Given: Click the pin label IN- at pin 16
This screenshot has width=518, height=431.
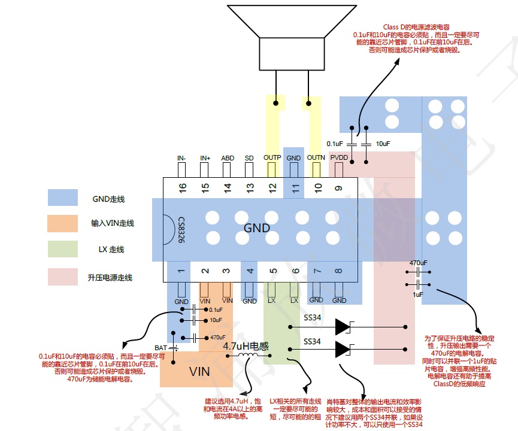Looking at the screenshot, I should tap(181, 158).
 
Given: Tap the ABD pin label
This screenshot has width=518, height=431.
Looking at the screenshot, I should tap(228, 158).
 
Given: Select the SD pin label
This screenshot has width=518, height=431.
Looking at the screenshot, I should tap(249, 158).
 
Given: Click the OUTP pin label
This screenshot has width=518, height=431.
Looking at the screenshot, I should tap(272, 158).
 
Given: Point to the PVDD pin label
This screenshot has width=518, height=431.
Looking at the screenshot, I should tap(339, 158).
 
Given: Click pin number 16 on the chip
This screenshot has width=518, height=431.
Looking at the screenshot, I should tap(183, 187).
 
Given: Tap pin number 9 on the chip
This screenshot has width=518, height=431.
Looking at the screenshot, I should tap(339, 187).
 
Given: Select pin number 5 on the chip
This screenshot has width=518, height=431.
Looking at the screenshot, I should tap(272, 271).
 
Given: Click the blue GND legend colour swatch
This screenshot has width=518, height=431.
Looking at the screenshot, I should tap(63, 198).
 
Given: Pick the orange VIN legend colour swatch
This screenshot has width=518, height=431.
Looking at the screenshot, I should tap(63, 223).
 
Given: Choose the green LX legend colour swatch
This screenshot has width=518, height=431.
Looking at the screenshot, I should tap(63, 249).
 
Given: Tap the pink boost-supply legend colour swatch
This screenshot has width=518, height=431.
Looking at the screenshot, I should tap(63, 277).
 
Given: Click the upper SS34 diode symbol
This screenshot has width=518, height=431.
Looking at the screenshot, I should tap(343, 327).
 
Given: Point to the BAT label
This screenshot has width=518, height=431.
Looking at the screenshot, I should tap(160, 347).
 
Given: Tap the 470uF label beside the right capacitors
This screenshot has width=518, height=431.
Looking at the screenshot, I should tap(418, 263).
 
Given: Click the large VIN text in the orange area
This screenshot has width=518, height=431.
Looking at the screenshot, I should tap(199, 372).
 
